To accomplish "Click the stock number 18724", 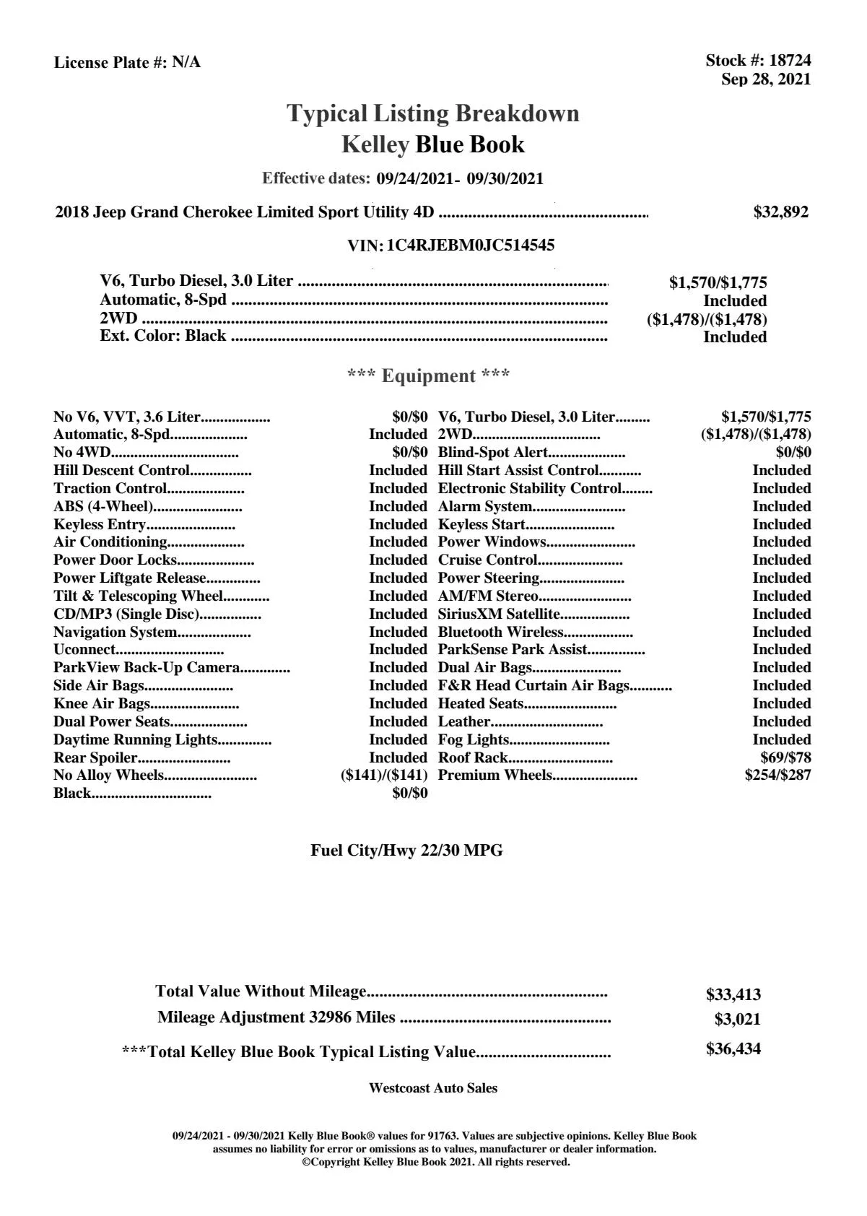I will click(790, 61).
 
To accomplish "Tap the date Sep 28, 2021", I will click(766, 79).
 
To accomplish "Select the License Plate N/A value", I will click(186, 63).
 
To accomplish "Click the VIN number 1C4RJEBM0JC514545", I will click(471, 246).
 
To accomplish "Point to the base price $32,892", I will click(781, 212).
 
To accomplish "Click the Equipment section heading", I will click(429, 376).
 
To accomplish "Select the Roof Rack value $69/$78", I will click(785, 757).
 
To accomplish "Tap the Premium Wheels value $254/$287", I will click(777, 776).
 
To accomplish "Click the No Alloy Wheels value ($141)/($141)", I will click(384, 776).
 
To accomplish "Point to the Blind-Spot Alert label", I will click(493, 453).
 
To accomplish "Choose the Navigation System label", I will click(115, 633).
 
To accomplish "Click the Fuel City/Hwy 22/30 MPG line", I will click(406, 851).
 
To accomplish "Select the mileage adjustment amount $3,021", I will click(737, 1020).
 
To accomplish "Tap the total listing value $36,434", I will click(733, 1049).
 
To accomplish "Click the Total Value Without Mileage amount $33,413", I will click(733, 995).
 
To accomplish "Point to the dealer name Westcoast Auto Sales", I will click(432, 1088).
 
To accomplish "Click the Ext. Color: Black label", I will click(163, 336).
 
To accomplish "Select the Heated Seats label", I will click(481, 704).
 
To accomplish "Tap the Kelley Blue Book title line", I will click(432, 145).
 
